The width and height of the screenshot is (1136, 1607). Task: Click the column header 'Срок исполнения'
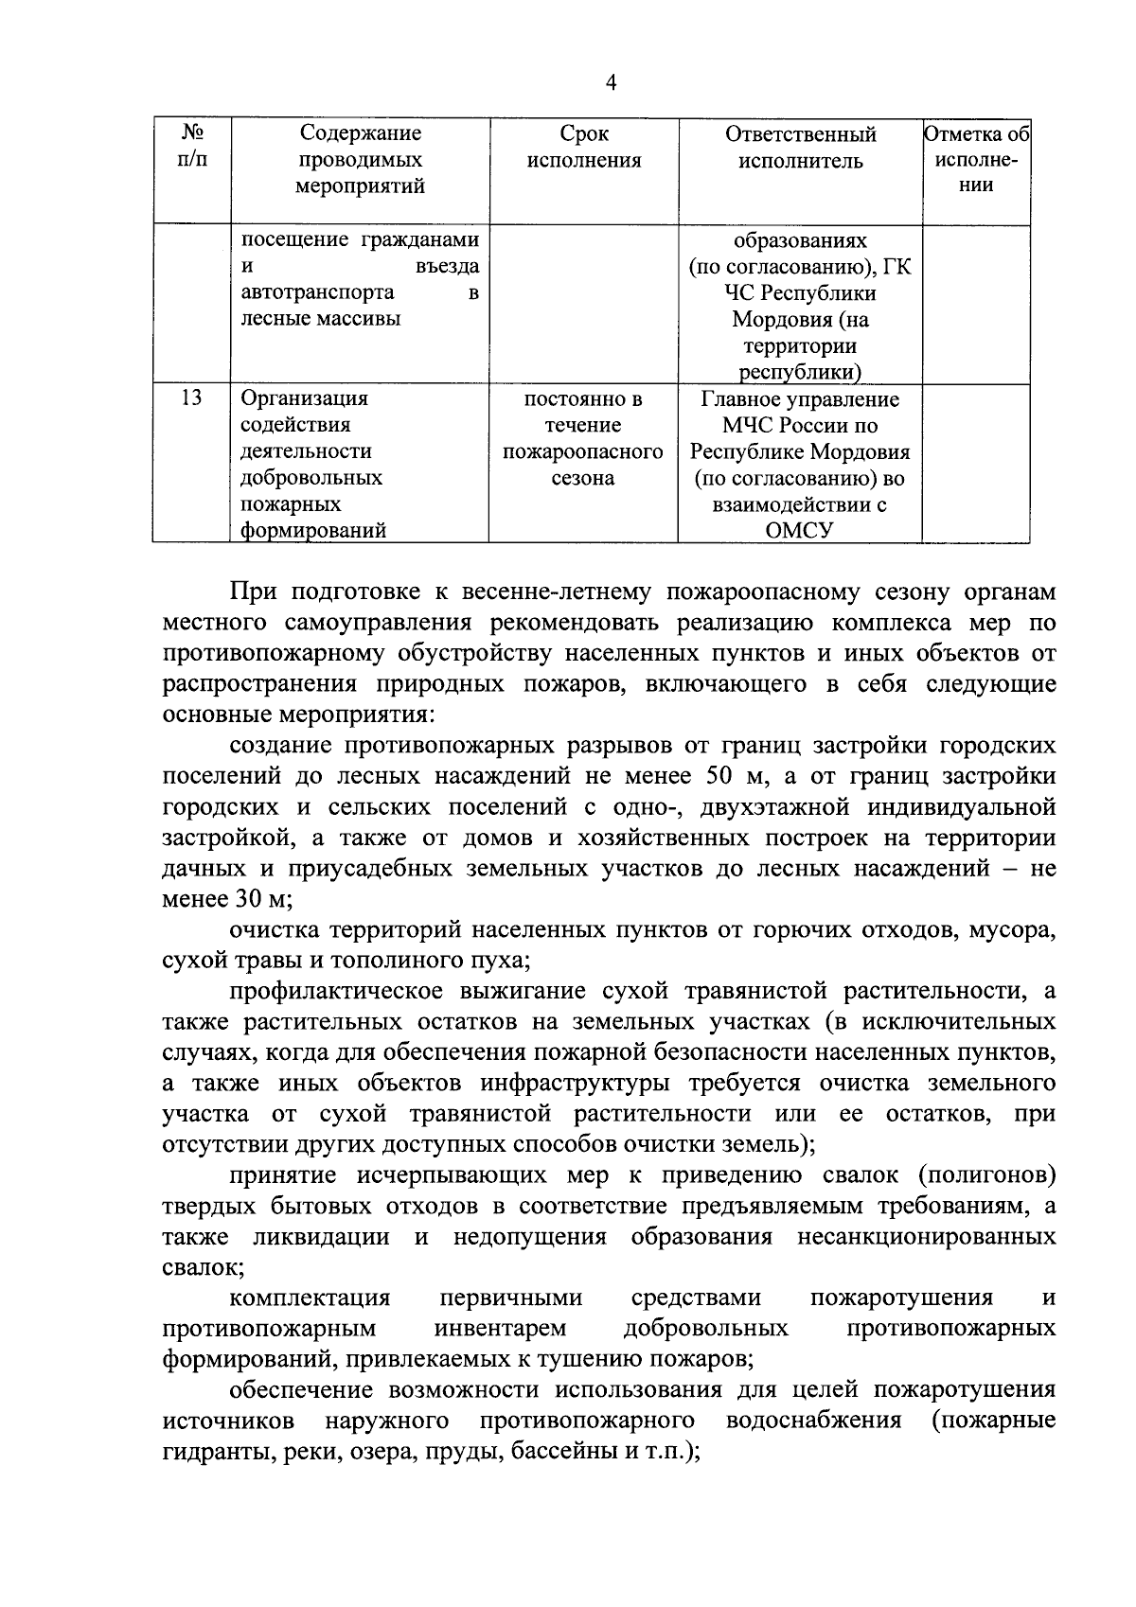(x=583, y=148)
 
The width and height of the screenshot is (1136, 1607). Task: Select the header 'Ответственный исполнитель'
(x=800, y=148)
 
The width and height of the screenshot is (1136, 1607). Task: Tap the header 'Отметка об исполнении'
(x=976, y=160)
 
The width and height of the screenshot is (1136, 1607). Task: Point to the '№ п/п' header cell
(x=192, y=147)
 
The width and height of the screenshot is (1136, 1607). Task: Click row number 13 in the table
(x=192, y=397)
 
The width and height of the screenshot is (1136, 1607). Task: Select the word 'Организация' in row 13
(x=304, y=397)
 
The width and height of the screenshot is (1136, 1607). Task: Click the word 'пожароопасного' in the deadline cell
(x=583, y=451)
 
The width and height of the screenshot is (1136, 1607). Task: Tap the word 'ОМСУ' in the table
(x=800, y=531)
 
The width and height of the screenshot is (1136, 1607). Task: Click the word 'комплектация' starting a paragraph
(x=310, y=1298)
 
